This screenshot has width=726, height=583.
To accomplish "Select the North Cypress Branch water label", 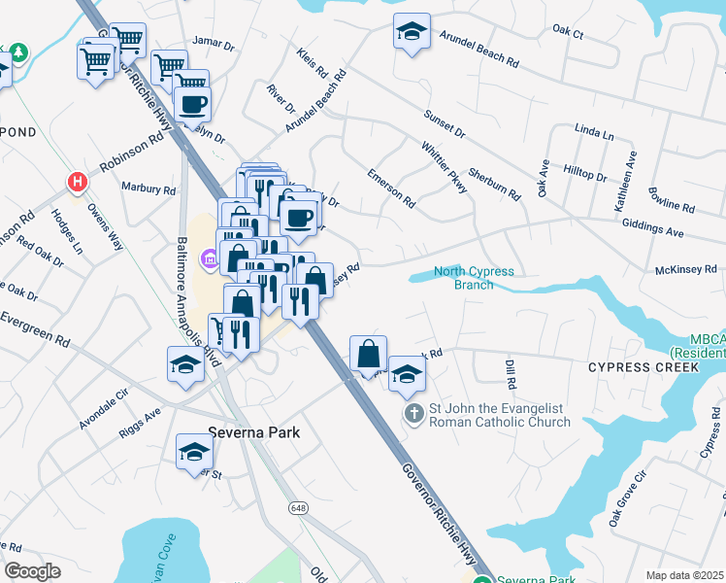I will [x=474, y=278].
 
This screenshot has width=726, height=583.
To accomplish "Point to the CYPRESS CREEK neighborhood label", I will [x=643, y=368].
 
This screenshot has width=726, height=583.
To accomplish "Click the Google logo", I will [x=32, y=571].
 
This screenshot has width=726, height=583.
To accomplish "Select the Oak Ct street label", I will [x=567, y=32].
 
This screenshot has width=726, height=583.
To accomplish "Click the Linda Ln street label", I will [x=594, y=131].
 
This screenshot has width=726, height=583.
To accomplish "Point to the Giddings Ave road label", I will [x=656, y=230].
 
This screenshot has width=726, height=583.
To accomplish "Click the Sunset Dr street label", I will [x=445, y=123].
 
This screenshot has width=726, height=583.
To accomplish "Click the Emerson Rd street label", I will [x=391, y=189].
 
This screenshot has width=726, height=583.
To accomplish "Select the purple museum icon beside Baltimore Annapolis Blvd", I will [x=208, y=258].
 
